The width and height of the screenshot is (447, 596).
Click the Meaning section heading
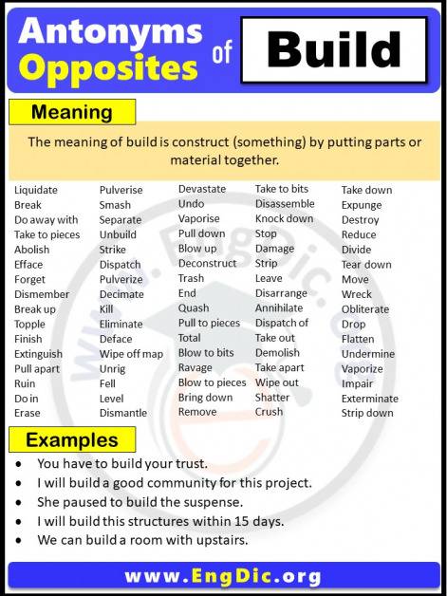[71, 112]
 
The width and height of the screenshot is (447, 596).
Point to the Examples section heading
[72, 440]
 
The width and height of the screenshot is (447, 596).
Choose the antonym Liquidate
[36, 190]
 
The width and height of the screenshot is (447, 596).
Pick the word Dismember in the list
[42, 294]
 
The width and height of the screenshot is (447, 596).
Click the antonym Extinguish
[39, 354]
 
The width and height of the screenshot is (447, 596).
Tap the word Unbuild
[118, 234]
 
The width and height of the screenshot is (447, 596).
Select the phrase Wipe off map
[131, 354]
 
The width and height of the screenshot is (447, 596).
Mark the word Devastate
[202, 189]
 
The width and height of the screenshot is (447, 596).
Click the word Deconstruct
[207, 264]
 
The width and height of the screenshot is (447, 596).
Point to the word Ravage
[196, 367]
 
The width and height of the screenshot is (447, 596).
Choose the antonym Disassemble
[285, 204]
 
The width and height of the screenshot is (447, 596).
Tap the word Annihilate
[279, 308]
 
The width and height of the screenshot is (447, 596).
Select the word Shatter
[272, 398]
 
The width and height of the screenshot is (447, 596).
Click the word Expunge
[362, 205]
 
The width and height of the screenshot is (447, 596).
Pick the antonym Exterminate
[370, 399]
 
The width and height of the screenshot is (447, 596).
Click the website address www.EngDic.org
[223, 576]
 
